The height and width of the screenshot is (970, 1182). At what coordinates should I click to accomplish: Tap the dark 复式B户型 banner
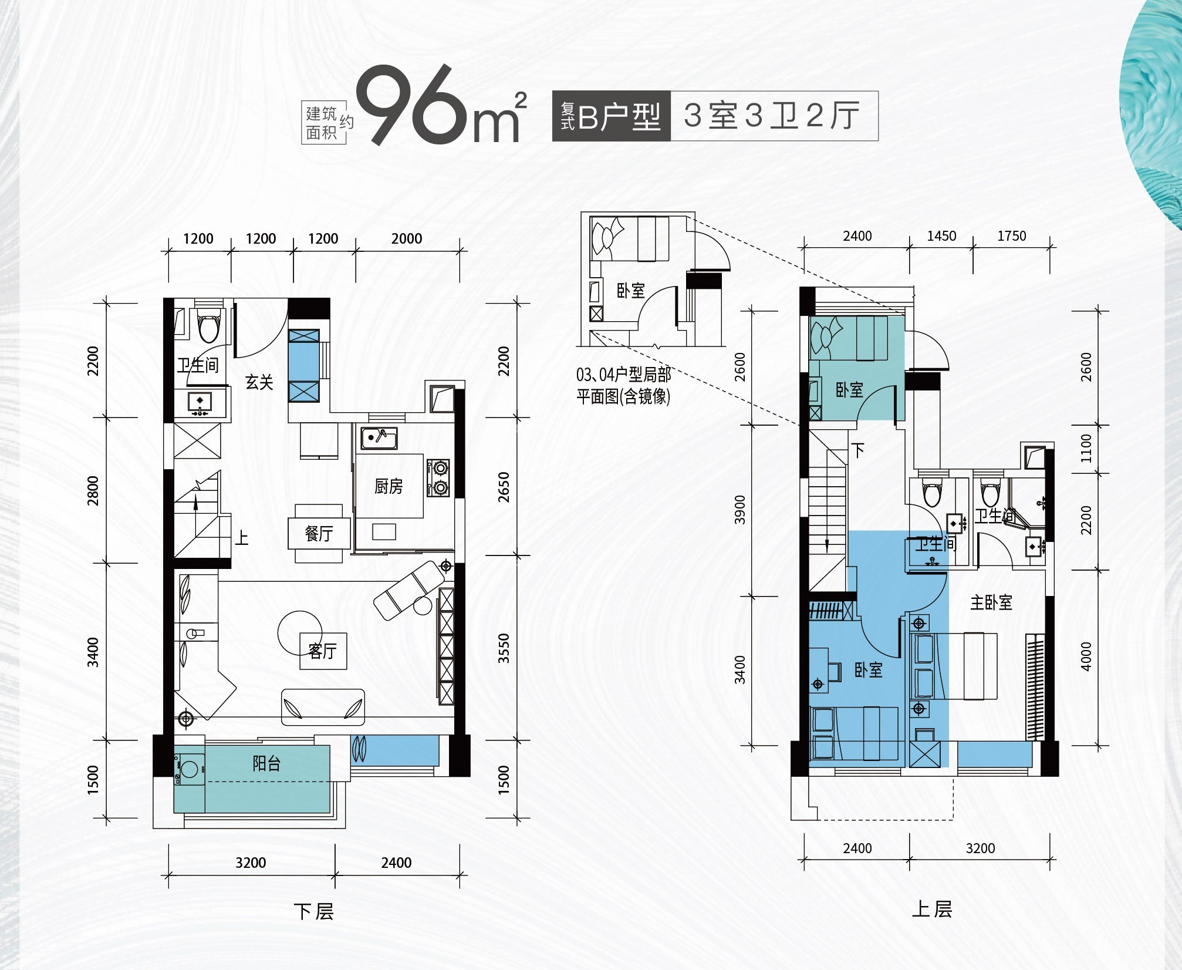611,116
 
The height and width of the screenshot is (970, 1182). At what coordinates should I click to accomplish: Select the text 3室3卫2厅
772,116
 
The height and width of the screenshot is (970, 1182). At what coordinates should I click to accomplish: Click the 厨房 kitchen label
389,486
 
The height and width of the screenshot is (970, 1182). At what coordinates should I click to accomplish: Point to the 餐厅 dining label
319,533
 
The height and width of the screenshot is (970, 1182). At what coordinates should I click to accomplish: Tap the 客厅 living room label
323,651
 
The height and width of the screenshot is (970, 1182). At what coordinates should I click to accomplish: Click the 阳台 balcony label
266,763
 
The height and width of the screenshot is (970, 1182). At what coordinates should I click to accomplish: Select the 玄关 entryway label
259,382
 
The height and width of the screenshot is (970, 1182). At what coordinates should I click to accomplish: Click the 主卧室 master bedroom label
991,602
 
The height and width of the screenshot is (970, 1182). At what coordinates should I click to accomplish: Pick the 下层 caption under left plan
314,912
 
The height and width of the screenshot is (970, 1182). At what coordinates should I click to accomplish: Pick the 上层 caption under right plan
931,909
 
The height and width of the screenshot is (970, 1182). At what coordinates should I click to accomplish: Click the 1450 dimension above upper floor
941,236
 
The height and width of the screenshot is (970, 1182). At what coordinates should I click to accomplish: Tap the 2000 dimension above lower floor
406,238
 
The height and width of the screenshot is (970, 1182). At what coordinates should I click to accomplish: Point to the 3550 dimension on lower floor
504,648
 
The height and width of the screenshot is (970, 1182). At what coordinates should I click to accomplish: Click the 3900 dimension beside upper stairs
739,509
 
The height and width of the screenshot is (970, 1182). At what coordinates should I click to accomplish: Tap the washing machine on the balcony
189,769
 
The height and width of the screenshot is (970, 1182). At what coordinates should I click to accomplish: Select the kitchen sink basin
379,437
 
